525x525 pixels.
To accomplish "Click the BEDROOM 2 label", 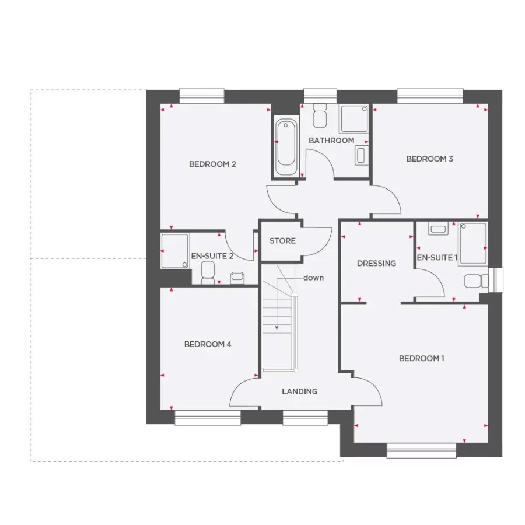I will point(212,164).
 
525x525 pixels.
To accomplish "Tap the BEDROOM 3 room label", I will point(429,159).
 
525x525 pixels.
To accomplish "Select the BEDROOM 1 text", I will point(421,358).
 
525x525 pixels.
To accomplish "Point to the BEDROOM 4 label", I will point(208,344).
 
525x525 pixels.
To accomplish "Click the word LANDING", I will point(300,391).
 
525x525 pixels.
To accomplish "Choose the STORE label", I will point(282,241).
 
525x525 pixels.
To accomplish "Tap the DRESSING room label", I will point(376,263).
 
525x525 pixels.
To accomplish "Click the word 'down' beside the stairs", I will point(313,278).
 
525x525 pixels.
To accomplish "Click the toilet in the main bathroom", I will point(320,116).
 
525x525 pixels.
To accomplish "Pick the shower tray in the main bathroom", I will point(354,118).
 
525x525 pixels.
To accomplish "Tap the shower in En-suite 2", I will point(175,251).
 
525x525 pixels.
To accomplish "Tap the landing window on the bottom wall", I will point(305,417).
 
